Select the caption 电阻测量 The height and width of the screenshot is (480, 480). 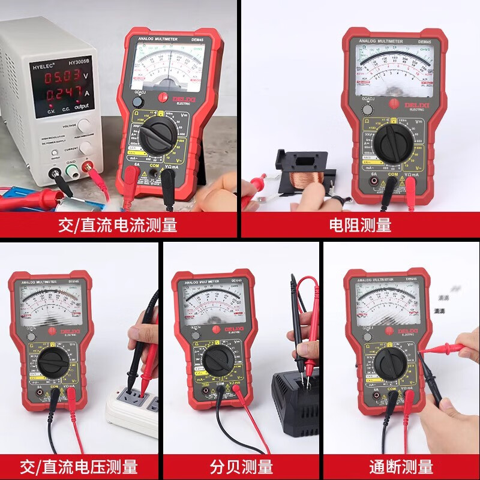[360, 225]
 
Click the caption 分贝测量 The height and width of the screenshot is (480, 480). [241, 466]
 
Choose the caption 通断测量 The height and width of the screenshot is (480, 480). [401, 466]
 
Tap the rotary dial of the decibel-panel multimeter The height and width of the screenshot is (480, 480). [217, 361]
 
